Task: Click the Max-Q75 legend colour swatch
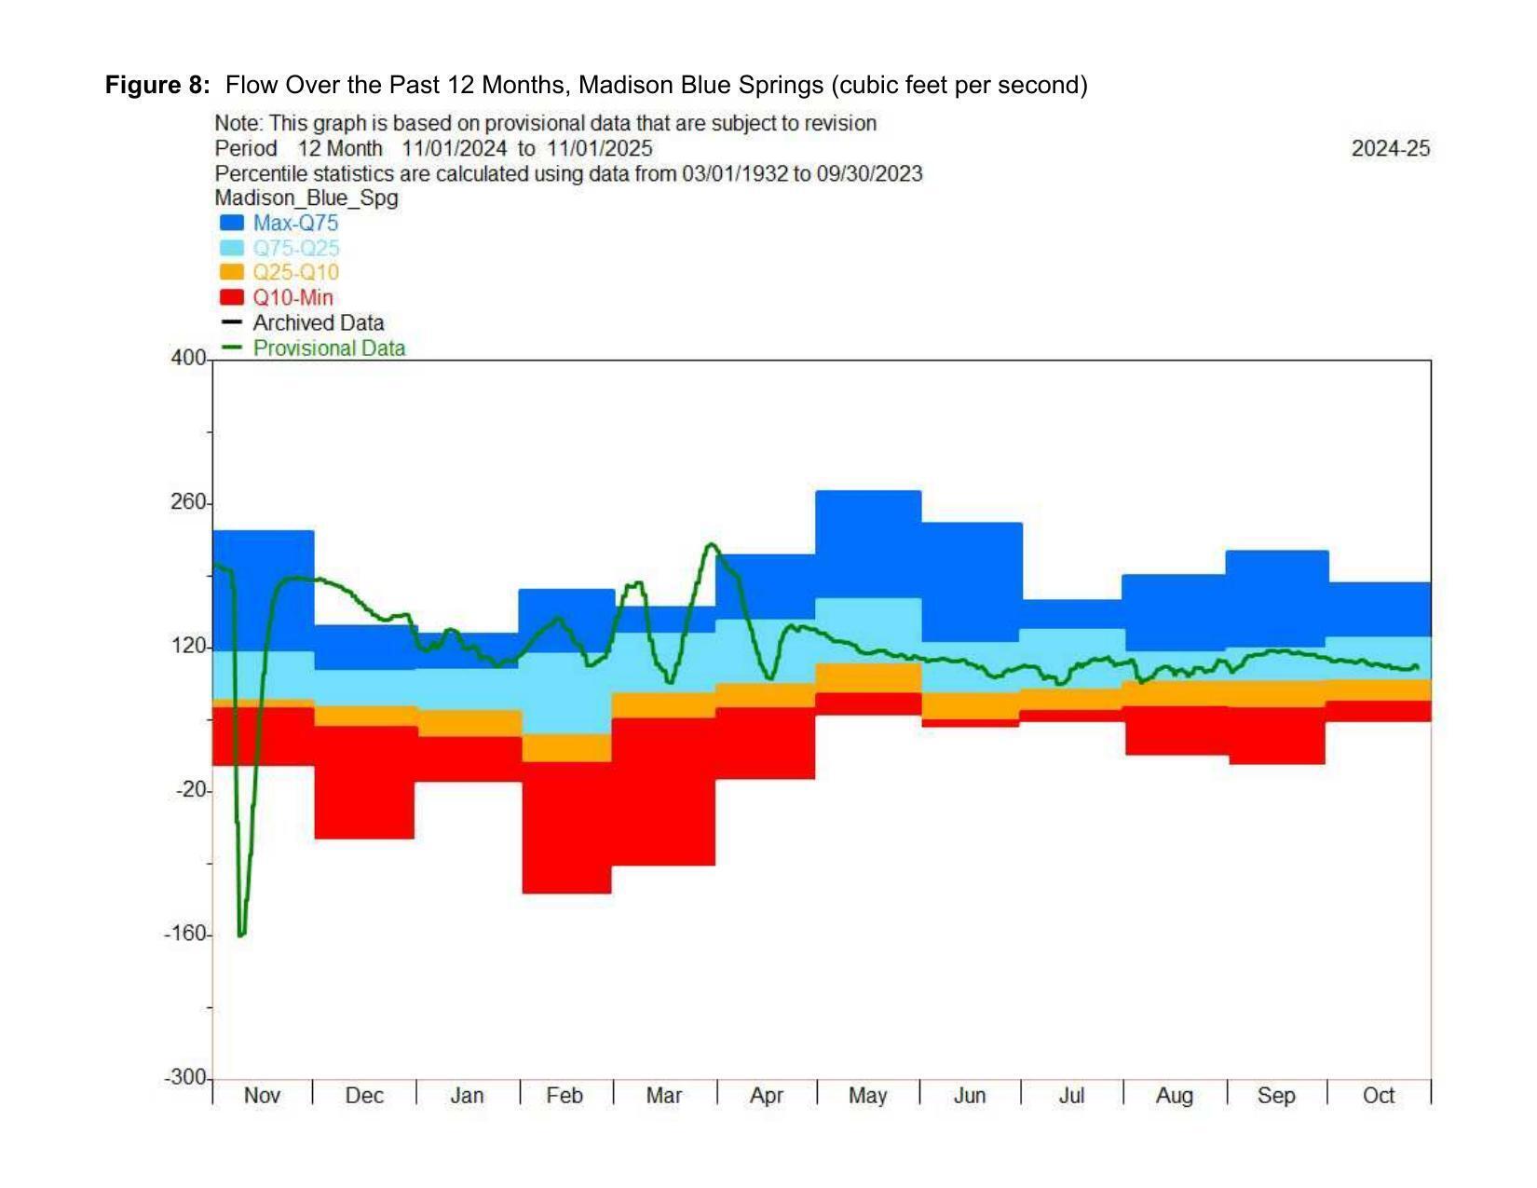(232, 224)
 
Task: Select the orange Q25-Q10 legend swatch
(232, 273)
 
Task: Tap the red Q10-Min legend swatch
(232, 298)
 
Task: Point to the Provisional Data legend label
(329, 348)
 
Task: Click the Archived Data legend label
(319, 323)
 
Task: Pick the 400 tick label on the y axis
(188, 359)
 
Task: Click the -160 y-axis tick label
(184, 934)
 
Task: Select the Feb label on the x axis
(564, 1096)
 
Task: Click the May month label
(867, 1096)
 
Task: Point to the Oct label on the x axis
(1378, 1096)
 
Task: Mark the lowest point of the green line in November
(241, 934)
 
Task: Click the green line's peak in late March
(712, 544)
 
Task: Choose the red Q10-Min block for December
(364, 782)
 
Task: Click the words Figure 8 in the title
(157, 86)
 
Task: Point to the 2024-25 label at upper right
(1390, 149)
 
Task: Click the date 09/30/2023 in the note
(869, 174)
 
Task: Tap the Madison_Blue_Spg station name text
(306, 198)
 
